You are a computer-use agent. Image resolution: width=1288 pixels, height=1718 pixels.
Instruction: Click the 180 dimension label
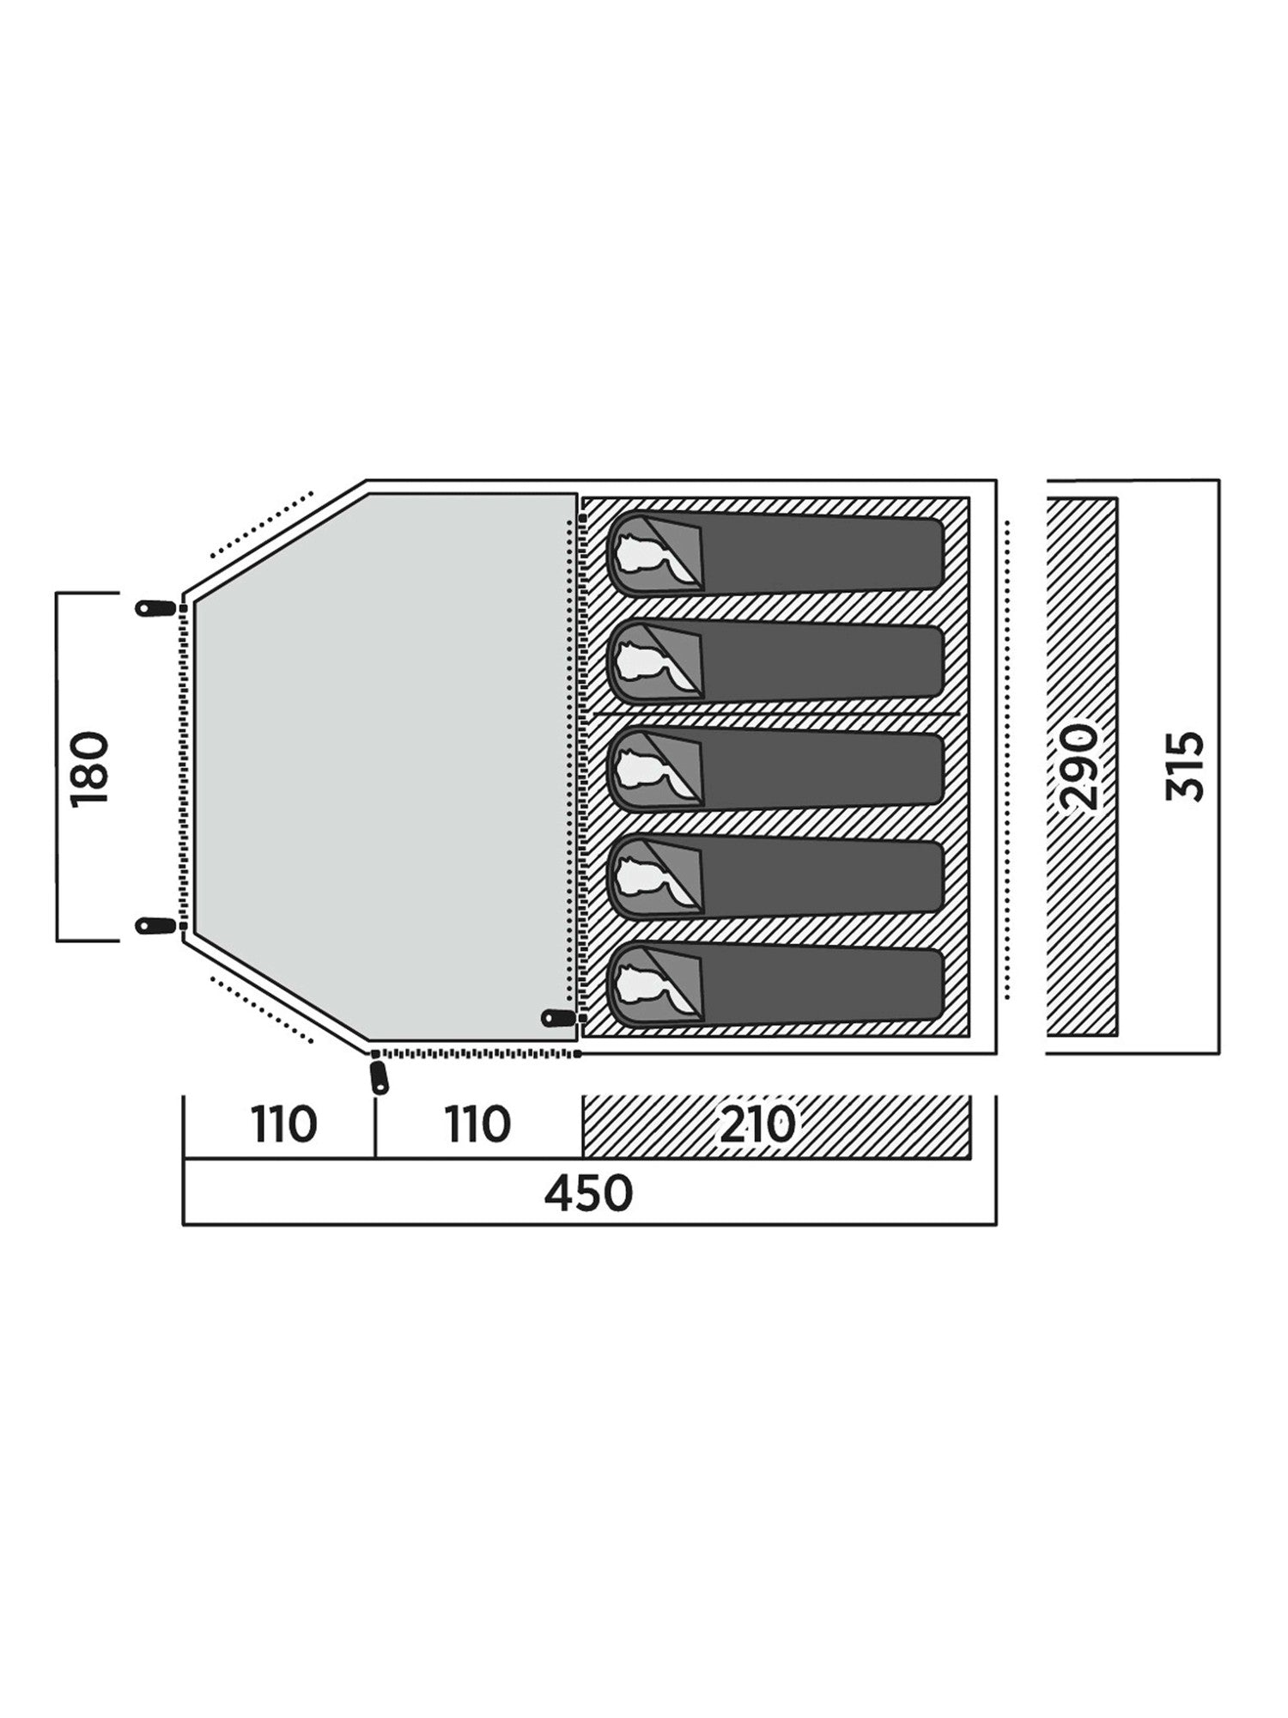pos(91,767)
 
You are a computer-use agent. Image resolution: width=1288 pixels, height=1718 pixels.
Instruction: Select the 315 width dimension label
pos(1185,767)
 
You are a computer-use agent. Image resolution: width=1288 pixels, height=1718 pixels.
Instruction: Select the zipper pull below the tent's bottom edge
pos(379,1077)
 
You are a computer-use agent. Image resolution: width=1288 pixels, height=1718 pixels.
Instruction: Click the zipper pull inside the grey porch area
pos(558,1018)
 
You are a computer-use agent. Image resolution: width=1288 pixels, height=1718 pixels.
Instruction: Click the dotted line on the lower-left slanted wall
pos(262,1008)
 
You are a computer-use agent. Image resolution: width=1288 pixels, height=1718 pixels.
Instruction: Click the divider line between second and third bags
pos(776,713)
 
